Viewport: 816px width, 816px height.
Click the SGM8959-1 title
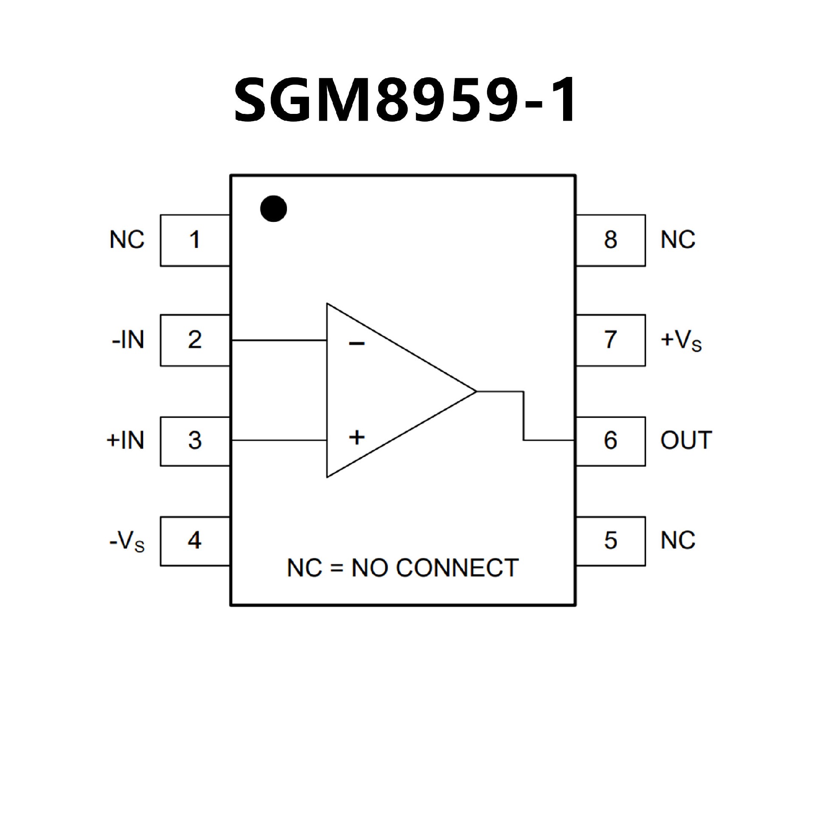click(x=405, y=101)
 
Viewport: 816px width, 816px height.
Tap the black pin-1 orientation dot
click(x=273, y=209)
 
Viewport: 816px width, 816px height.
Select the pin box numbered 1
click(x=195, y=240)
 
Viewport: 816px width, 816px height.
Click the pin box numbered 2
click(x=195, y=340)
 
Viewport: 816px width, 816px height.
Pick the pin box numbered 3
click(x=195, y=441)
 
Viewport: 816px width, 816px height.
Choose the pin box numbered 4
click(x=195, y=541)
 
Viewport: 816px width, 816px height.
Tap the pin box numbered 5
click(x=610, y=541)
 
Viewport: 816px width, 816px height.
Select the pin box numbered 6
click(x=610, y=441)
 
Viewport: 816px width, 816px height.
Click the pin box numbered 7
click(x=610, y=340)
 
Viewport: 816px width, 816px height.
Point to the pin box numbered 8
click(x=610, y=240)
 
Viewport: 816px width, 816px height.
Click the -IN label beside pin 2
click(x=128, y=340)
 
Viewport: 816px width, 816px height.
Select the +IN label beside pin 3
click(x=125, y=440)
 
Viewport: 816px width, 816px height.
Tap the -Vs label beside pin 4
click(x=127, y=542)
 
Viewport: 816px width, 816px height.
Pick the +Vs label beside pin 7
click(x=681, y=341)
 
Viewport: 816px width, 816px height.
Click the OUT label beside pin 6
click(x=686, y=440)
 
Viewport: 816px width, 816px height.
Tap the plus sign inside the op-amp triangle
click(x=357, y=437)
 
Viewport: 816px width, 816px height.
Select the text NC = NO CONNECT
click(x=402, y=568)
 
